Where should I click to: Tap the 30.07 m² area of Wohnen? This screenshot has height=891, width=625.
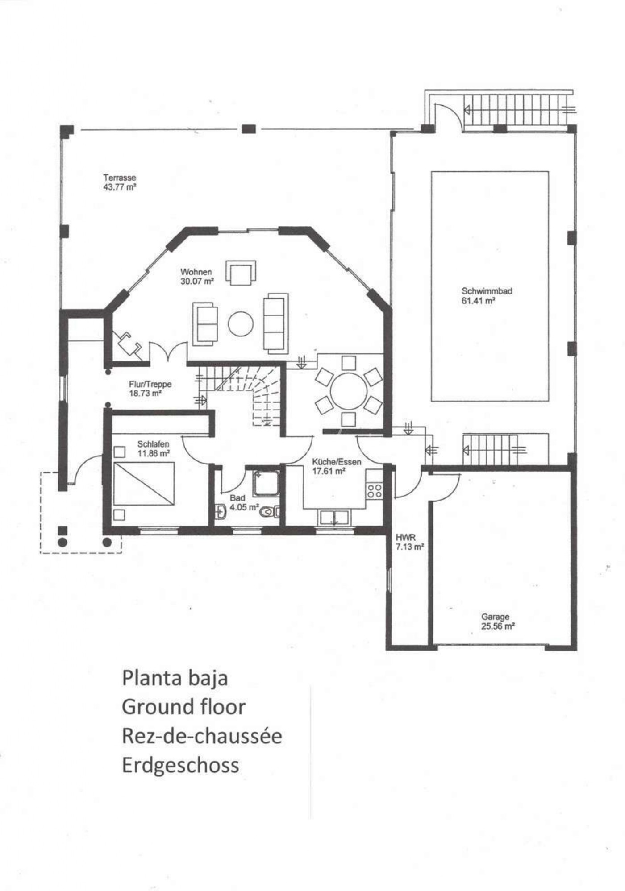(x=197, y=282)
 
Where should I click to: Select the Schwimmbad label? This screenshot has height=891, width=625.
(x=487, y=291)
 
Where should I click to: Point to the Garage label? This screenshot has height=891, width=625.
(x=495, y=617)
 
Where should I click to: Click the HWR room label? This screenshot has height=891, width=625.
(x=405, y=538)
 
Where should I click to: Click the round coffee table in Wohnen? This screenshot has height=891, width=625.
(x=241, y=323)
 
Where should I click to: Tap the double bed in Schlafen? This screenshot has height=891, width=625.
(x=144, y=484)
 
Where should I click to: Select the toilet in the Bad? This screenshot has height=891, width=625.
(x=269, y=512)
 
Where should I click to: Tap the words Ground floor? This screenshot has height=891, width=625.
(x=183, y=707)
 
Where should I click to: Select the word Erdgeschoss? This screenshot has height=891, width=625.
(x=180, y=765)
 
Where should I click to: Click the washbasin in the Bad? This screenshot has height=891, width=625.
(x=221, y=511)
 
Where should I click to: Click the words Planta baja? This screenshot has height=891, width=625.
(x=175, y=678)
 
